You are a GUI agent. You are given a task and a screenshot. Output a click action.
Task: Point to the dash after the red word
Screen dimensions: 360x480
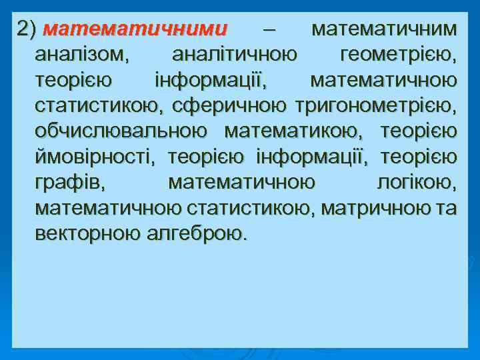coord(268,29)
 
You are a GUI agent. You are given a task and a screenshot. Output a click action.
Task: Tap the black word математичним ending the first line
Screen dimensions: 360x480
coord(385,29)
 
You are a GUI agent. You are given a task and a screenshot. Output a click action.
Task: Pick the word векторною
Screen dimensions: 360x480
coord(87,234)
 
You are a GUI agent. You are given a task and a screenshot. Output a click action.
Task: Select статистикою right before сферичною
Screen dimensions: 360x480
coord(98,106)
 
